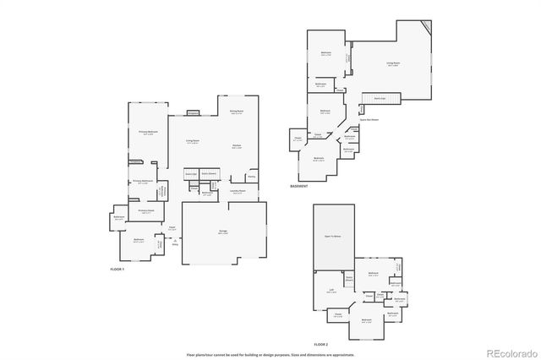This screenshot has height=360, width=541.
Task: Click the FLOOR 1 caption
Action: tap(117, 269)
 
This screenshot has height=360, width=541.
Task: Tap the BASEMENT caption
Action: tap(299, 186)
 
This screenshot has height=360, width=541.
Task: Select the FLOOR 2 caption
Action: tap(320, 345)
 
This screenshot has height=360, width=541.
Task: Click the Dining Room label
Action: tap(237, 112)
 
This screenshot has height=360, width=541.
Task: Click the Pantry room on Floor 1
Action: tap(252, 177)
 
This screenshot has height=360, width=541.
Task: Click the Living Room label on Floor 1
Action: tap(193, 142)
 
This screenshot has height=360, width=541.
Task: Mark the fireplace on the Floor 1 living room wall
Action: tap(193, 112)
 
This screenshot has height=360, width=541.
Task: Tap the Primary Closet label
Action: tap(145, 211)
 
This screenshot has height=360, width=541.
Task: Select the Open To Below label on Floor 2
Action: tap(332, 237)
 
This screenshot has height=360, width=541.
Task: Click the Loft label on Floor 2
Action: tap(331, 290)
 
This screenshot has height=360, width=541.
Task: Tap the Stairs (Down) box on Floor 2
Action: tap(348, 278)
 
